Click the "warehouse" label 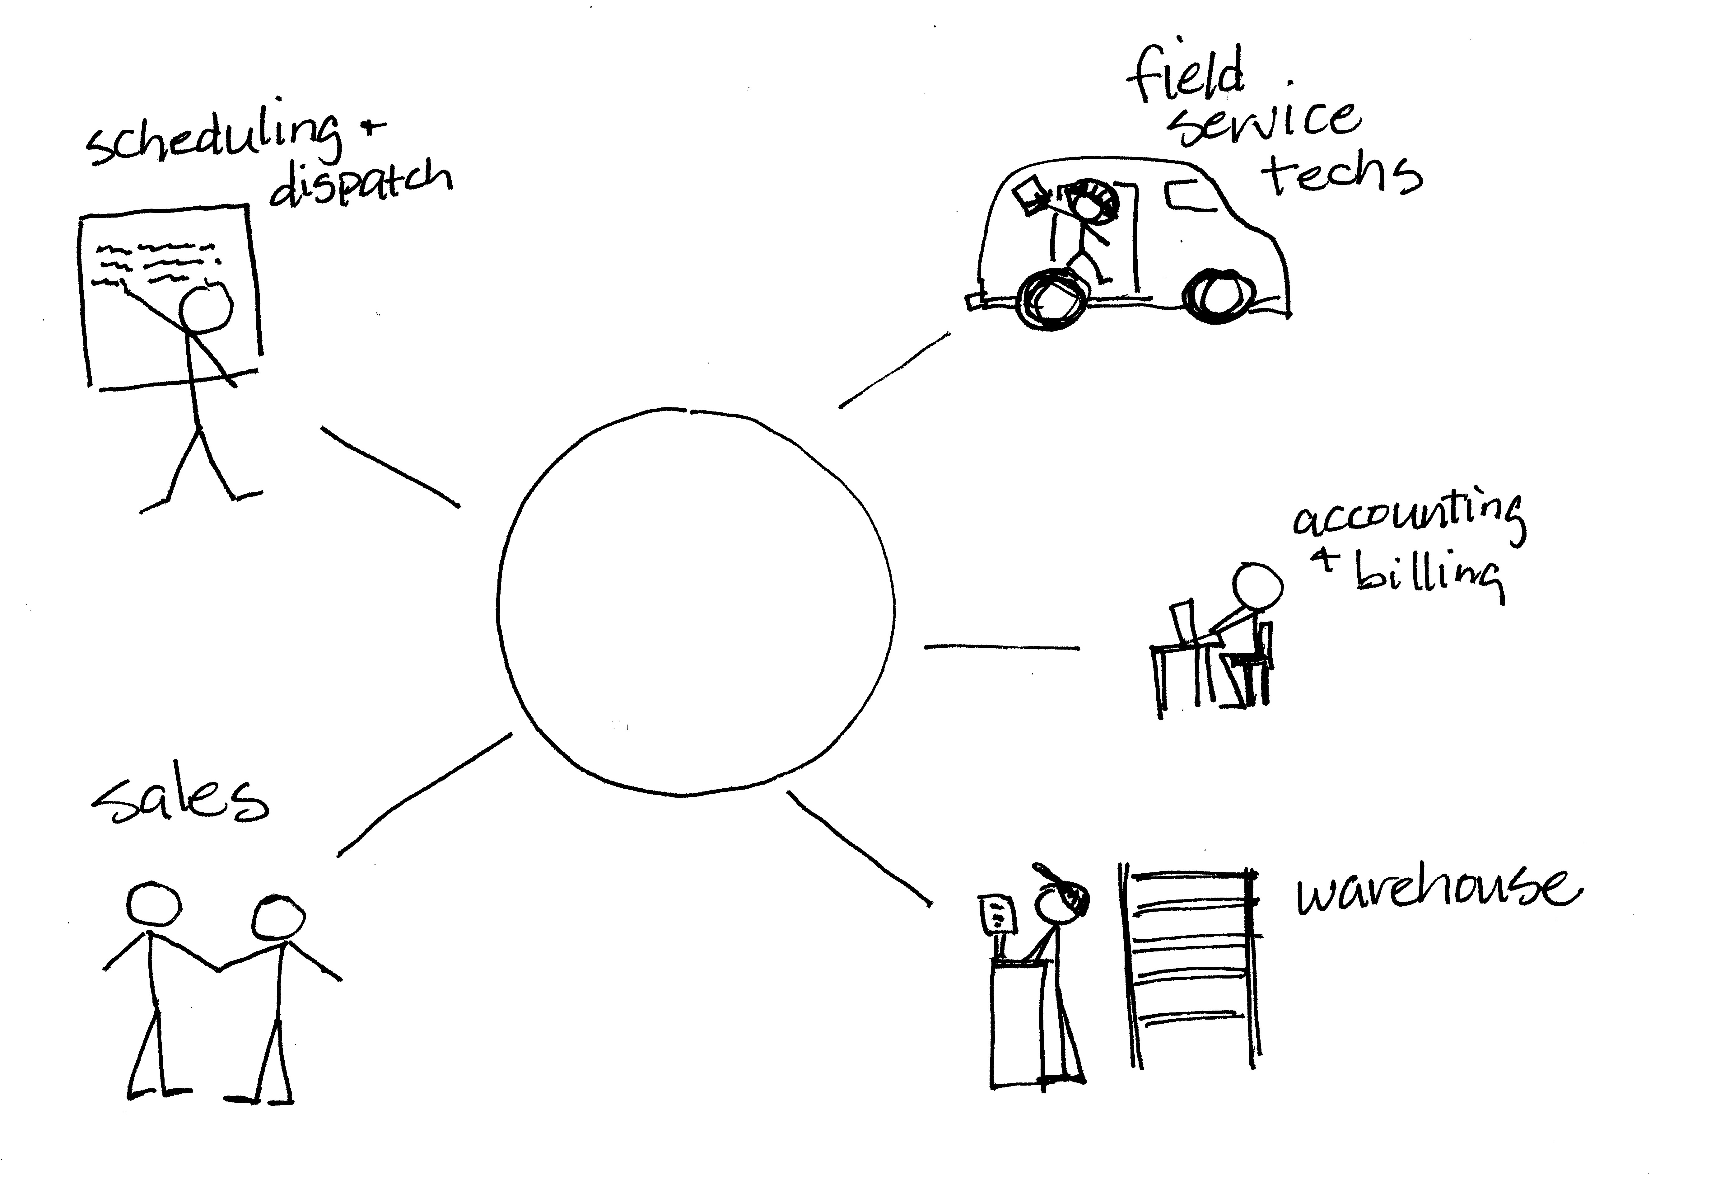point(1436,891)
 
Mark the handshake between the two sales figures point(219,967)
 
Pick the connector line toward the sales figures point(425,795)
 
